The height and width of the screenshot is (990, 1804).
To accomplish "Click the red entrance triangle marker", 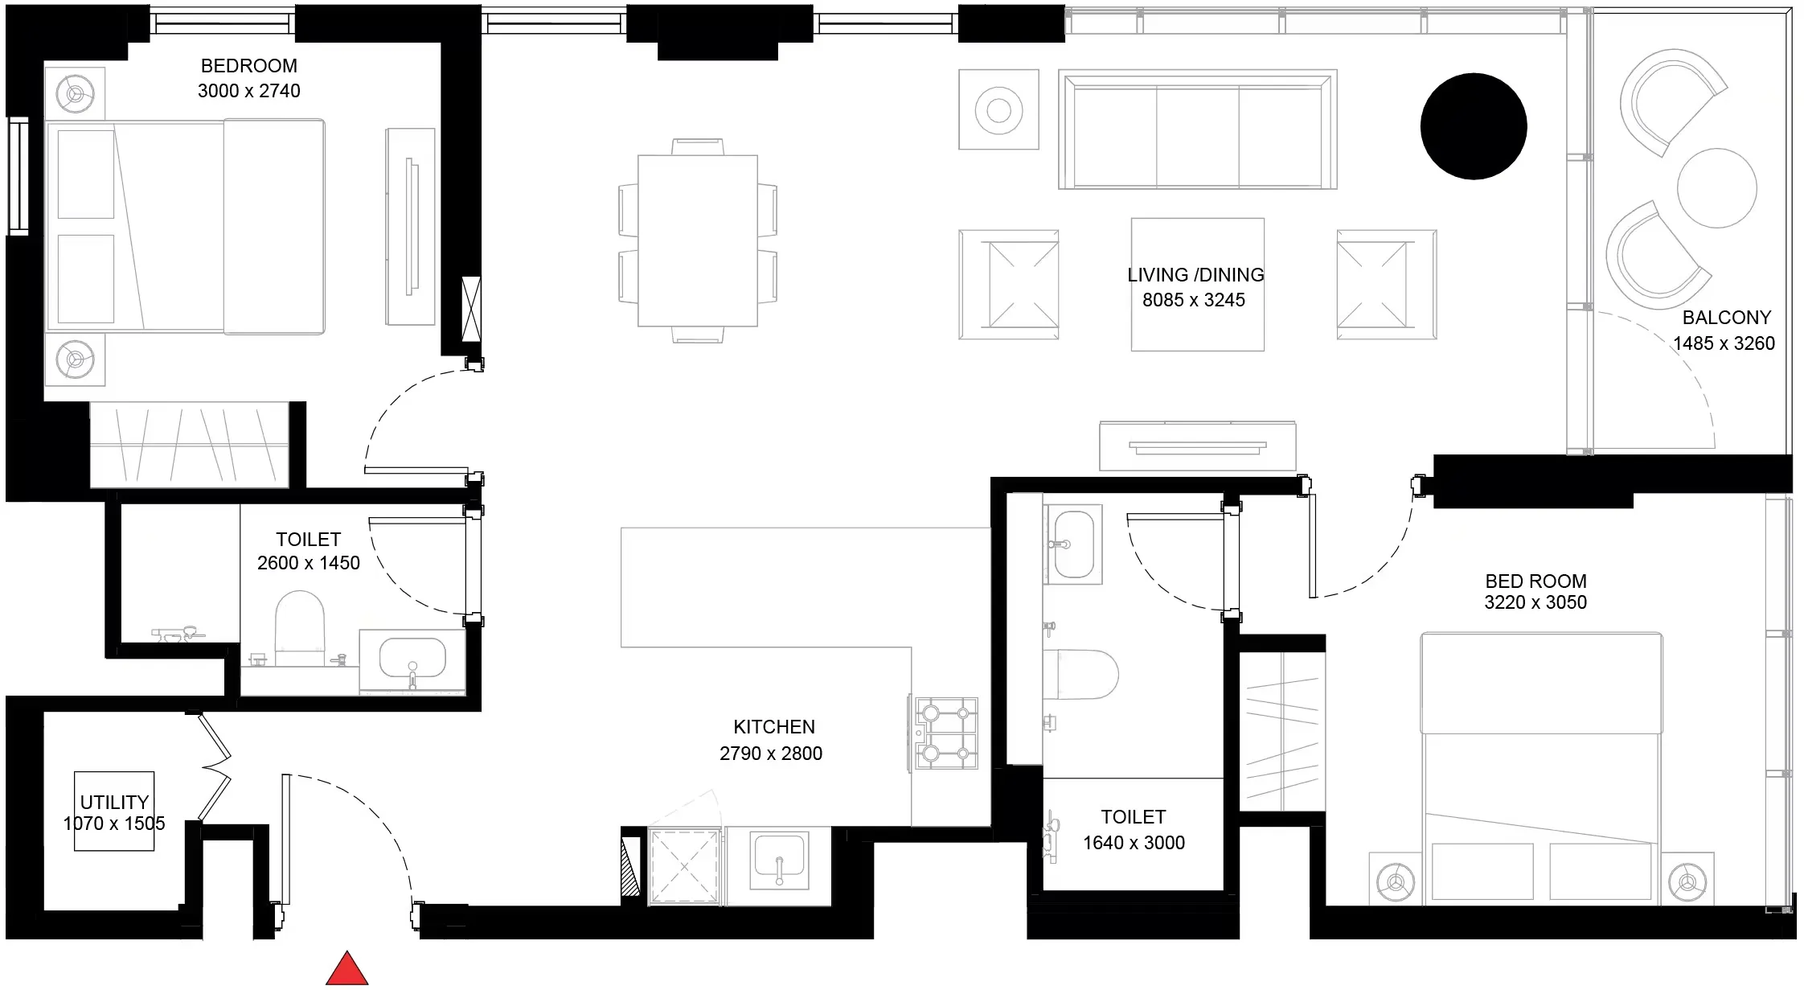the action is tap(347, 971).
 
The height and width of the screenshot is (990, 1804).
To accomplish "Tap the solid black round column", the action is tap(1474, 126).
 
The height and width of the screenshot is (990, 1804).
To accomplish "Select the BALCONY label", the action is tap(1726, 318).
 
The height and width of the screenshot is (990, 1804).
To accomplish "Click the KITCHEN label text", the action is tap(774, 727).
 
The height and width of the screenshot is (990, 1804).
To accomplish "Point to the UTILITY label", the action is tap(114, 802).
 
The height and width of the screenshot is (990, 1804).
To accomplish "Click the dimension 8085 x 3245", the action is tap(1194, 300).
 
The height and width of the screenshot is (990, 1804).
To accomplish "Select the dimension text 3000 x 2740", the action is tap(249, 91).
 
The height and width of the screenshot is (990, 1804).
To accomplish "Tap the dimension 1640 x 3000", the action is tap(1134, 843).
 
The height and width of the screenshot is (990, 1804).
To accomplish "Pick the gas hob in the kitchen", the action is tap(947, 733).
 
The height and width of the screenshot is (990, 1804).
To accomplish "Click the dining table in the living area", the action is tap(698, 240).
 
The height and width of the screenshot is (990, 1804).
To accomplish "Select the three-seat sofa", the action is tap(1198, 129).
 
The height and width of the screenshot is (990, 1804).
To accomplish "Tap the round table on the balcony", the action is tap(1717, 188).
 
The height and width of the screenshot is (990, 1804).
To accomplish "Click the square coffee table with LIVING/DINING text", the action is tap(1198, 285).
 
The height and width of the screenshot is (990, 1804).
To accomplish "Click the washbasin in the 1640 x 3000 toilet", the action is tap(1073, 545).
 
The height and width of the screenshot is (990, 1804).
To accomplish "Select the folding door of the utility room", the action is tap(213, 768).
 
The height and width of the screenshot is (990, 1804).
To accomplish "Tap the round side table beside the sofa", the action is tap(998, 109).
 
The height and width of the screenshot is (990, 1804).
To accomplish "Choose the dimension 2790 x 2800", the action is tap(771, 754).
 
